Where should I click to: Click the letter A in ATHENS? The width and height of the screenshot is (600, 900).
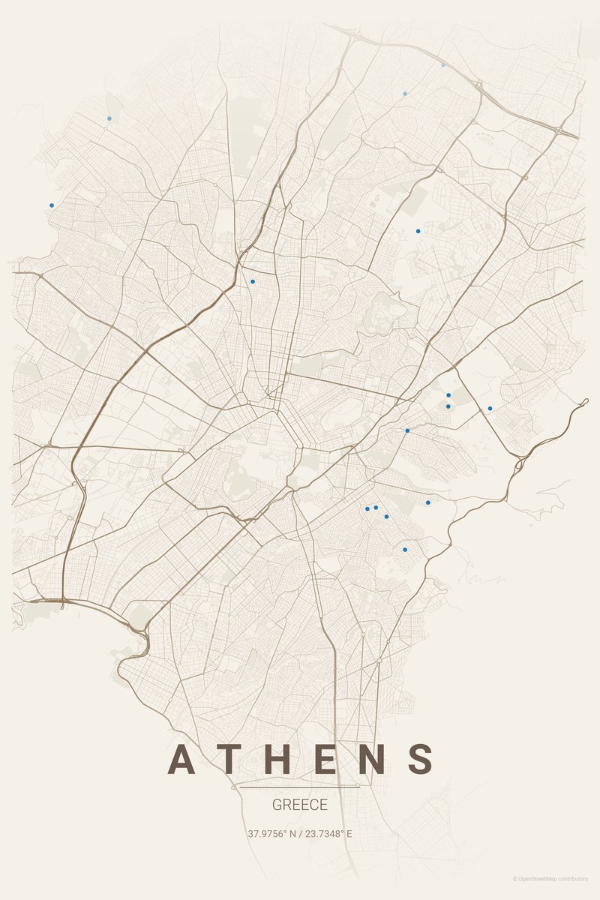(x=182, y=759)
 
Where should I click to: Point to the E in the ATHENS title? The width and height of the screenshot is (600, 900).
(x=327, y=759)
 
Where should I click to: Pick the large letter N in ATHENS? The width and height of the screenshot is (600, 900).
(x=373, y=759)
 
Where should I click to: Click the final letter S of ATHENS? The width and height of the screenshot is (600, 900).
(x=421, y=759)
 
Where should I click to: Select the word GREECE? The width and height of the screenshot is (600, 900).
(x=300, y=805)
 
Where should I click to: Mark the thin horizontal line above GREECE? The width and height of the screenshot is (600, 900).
(x=300, y=787)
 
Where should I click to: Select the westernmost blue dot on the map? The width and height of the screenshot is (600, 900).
(x=52, y=205)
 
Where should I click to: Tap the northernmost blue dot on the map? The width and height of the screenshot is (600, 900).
(x=443, y=64)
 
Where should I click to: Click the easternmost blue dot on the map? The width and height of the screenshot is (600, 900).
(x=490, y=408)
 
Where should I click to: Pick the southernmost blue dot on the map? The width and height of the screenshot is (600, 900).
(x=405, y=550)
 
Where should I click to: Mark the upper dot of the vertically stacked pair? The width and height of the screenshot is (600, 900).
(x=448, y=394)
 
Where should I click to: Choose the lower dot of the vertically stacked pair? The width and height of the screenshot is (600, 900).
(x=448, y=406)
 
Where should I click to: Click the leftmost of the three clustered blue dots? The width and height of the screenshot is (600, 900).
(x=367, y=508)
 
